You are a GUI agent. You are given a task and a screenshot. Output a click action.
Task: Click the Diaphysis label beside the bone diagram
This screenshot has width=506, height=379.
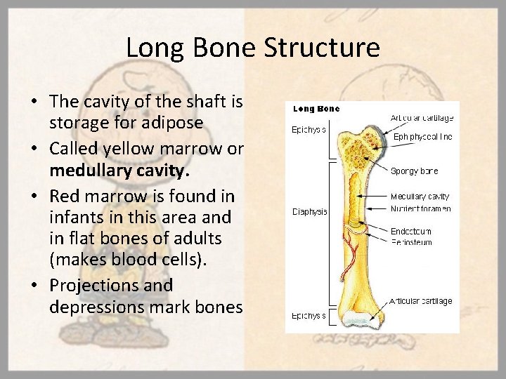[x=309, y=212]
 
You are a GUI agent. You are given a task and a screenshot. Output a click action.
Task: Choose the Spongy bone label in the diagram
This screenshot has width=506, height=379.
[x=415, y=171]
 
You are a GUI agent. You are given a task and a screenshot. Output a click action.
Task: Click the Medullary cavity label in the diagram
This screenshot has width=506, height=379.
[x=420, y=197]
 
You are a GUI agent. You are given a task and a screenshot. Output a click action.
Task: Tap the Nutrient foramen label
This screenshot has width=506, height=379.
[x=420, y=208]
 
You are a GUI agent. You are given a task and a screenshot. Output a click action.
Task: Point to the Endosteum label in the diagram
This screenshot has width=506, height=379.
[x=411, y=230]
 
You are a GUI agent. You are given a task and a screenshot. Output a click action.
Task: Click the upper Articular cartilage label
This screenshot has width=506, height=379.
[x=422, y=118]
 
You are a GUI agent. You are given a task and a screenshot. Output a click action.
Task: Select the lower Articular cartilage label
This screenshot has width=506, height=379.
[x=421, y=301]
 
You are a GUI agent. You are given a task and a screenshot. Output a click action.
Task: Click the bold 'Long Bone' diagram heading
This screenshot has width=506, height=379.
[x=316, y=109]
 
